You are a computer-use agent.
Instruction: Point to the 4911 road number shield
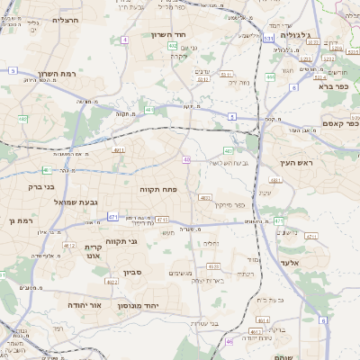pos(119,150)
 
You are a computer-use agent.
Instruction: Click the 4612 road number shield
pos(68,244)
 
